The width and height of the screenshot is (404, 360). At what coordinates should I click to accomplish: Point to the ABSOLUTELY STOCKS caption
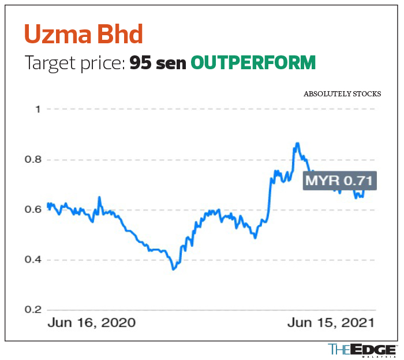tap(342, 93)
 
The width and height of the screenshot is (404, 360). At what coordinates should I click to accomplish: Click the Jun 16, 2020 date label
tap(91, 322)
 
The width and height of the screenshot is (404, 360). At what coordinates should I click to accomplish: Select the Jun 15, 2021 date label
tap(331, 322)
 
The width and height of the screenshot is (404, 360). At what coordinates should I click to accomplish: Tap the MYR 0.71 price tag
tap(341, 180)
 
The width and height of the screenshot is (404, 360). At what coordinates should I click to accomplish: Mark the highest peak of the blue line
tap(297, 143)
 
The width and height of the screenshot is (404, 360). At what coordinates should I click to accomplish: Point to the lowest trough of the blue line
tap(173, 269)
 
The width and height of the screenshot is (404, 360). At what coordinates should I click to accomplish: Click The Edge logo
tap(362, 349)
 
